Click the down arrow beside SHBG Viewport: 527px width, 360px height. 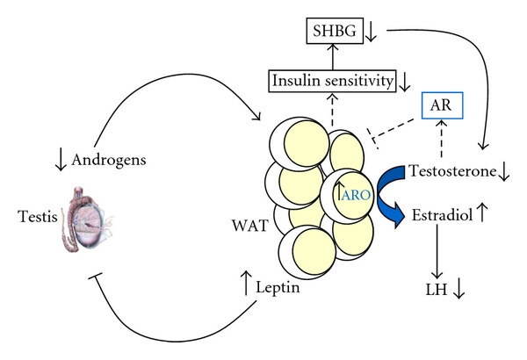pyautogui.click(x=372, y=33)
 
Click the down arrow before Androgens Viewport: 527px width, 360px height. pyautogui.click(x=59, y=159)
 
